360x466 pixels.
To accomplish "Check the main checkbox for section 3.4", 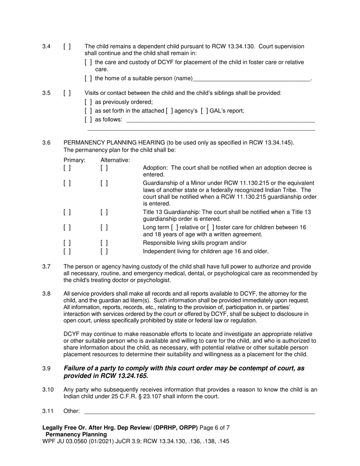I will click(x=67, y=47).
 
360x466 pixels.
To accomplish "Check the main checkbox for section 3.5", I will click(x=67, y=93).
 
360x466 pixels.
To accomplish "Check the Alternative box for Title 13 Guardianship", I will click(x=104, y=213).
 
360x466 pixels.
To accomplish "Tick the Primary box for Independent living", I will click(x=67, y=251).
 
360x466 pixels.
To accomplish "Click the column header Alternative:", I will click(x=115, y=160).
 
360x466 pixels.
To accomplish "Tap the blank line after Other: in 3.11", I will click(x=199, y=411).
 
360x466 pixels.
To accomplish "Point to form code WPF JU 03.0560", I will click(x=67, y=441).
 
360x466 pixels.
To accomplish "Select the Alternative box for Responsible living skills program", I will click(x=104, y=243).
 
